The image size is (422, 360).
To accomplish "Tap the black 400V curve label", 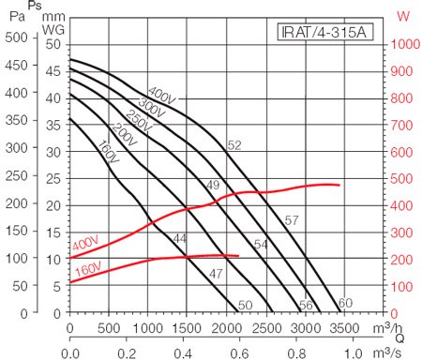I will pos(162,97).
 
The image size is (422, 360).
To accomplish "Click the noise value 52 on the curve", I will pos(234,144).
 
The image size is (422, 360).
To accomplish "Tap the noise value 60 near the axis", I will pos(345,303).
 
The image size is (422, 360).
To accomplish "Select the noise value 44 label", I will pos(180,239).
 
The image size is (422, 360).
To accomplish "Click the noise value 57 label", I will pos(291,220).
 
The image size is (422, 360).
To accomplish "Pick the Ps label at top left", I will pos(35,7).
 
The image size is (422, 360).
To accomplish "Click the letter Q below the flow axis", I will pos(399,339).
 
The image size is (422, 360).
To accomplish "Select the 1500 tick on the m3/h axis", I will pos(188,327).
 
